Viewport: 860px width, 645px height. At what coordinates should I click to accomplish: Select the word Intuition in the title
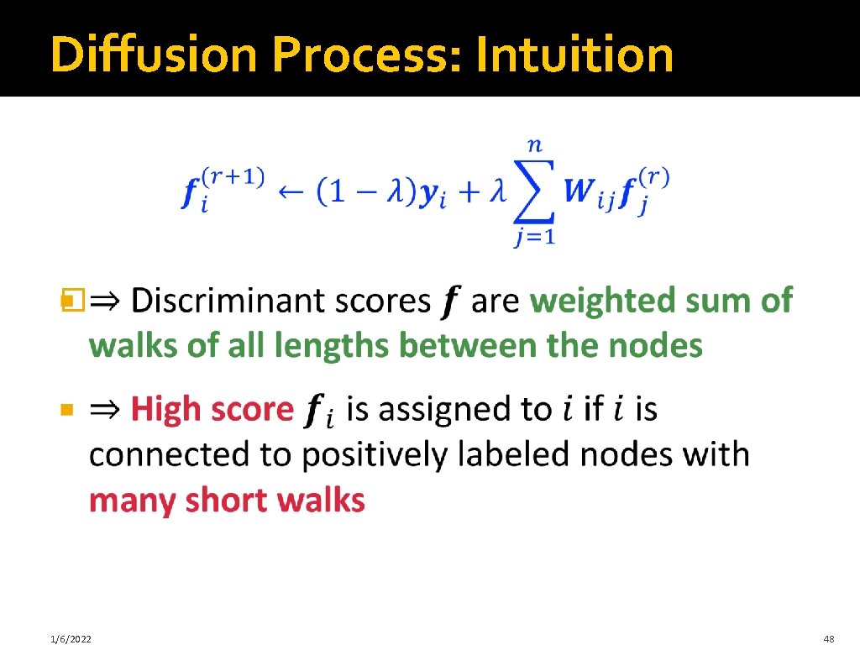[574, 55]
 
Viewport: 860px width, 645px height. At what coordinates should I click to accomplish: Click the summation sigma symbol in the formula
[534, 192]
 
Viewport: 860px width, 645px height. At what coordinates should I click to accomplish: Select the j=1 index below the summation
[534, 238]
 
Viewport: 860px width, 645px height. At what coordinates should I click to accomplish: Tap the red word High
[166, 410]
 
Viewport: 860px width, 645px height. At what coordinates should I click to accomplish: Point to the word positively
[377, 455]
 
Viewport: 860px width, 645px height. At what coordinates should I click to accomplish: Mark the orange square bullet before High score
[68, 411]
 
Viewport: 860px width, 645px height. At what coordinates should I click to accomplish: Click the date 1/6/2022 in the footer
[70, 640]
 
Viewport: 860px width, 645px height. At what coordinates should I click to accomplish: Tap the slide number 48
[830, 640]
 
